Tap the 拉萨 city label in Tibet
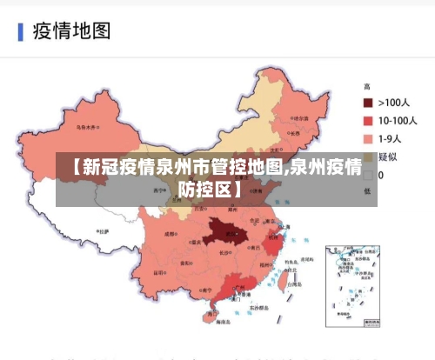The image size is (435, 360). click(104, 232)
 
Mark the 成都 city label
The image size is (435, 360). click(170, 233)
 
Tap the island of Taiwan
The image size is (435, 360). click(286, 281)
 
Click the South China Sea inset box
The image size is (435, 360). click(353, 283)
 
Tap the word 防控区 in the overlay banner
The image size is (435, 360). click(210, 187)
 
